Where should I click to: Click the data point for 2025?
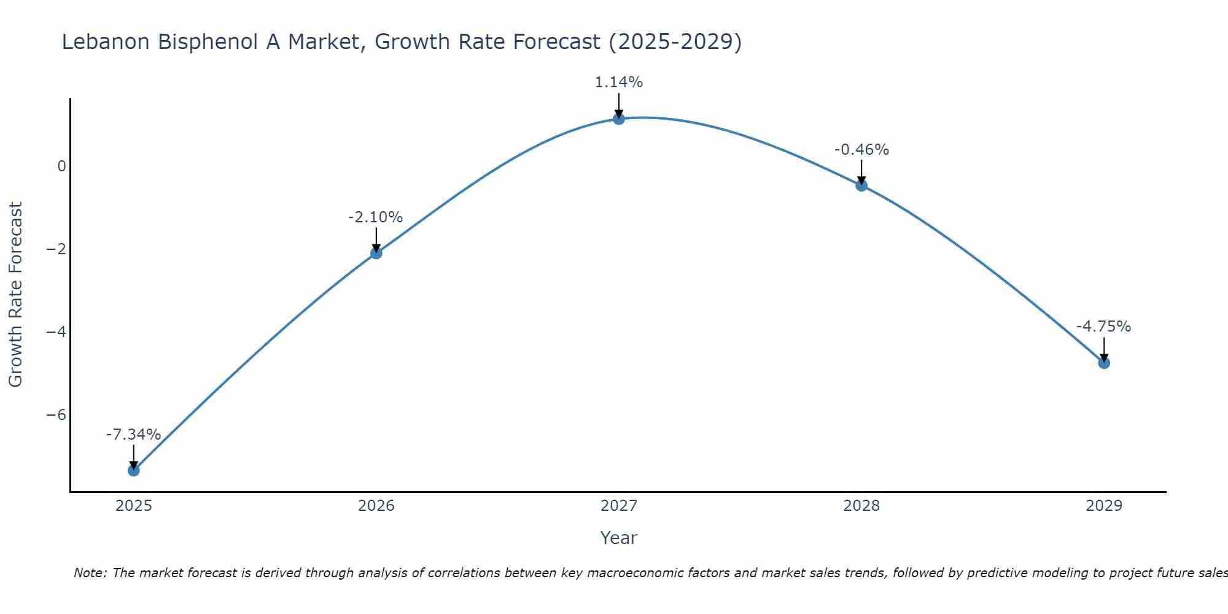click(x=134, y=470)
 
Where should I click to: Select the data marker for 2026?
click(x=376, y=253)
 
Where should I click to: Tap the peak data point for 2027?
click(x=619, y=119)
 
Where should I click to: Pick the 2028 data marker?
click(x=861, y=185)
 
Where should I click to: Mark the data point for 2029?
click(x=1104, y=363)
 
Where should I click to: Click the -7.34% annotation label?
click(x=133, y=435)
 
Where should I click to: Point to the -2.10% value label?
click(x=375, y=217)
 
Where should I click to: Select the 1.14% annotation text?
click(x=618, y=82)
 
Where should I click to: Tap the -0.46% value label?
click(x=861, y=150)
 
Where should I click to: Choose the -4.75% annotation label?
click(x=1103, y=327)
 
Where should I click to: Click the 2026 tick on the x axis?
click(x=376, y=506)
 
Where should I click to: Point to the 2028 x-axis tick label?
click(x=861, y=506)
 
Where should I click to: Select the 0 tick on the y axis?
click(x=61, y=166)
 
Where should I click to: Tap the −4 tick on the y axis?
click(x=56, y=332)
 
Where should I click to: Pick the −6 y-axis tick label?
click(x=56, y=415)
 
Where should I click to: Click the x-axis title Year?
click(x=618, y=538)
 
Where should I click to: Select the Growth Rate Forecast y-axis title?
click(x=15, y=295)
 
